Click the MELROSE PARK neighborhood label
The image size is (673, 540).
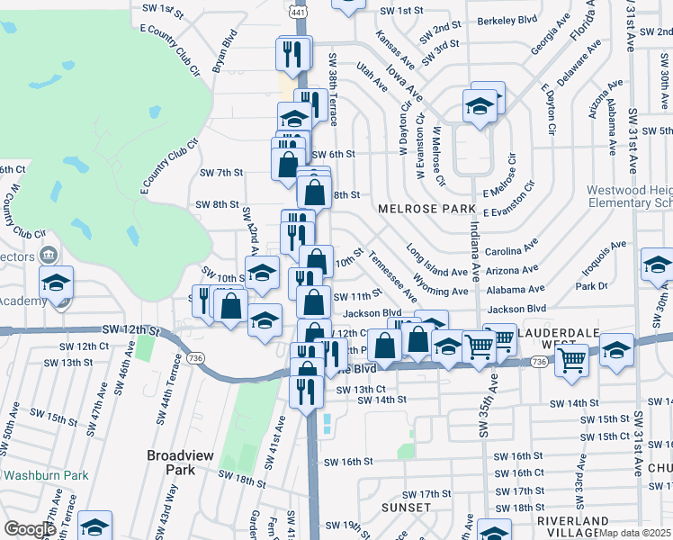[x=426, y=208]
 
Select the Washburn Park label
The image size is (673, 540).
[x=44, y=474]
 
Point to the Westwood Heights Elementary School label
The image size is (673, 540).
[x=629, y=196]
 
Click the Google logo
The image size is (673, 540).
[x=30, y=528]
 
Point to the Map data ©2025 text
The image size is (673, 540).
[x=634, y=533]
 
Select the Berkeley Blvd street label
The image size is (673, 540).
[x=507, y=20]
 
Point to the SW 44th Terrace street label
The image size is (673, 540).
[x=164, y=397]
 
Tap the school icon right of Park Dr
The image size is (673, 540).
[x=656, y=266]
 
